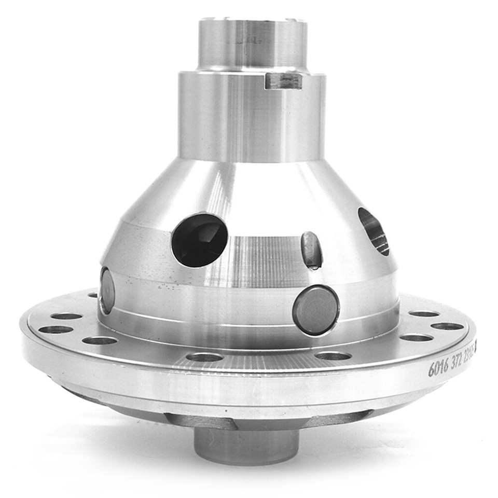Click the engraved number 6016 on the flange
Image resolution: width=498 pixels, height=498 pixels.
(x=438, y=368)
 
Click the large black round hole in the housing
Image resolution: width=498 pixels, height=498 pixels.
(x=199, y=240)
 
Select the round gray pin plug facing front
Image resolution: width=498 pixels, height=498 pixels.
(x=315, y=310)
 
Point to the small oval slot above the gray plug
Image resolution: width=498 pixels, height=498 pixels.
(x=311, y=250)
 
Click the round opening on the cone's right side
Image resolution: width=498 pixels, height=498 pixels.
(x=374, y=231)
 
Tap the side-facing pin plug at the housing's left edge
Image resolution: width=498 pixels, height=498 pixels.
(x=107, y=290)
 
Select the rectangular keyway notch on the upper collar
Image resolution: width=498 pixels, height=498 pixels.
(x=283, y=80)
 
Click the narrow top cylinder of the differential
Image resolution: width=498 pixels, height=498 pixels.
(x=252, y=44)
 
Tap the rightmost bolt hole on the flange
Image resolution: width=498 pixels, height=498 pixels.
(x=447, y=326)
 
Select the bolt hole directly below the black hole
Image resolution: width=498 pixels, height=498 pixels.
(x=204, y=357)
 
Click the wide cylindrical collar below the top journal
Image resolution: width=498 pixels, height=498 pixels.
(x=252, y=117)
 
